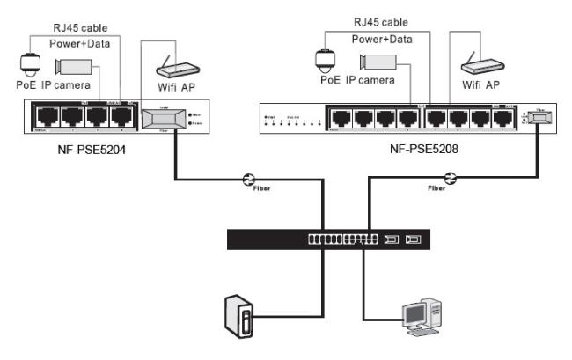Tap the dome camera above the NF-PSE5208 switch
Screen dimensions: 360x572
(x=325, y=61)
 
